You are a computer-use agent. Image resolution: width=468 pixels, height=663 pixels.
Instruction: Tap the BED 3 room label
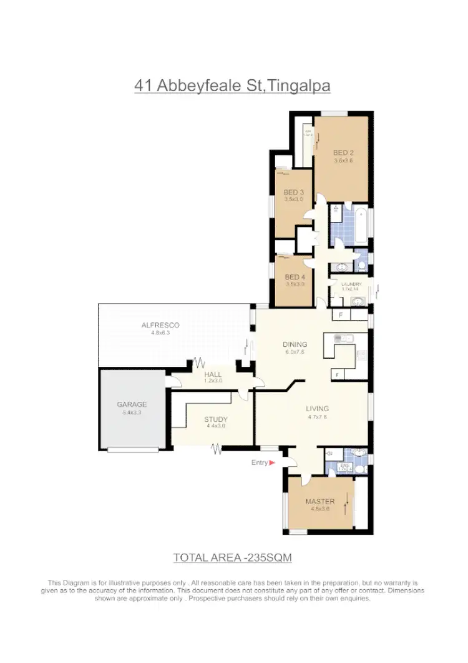pos(293,192)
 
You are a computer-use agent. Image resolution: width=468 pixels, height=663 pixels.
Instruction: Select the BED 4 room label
pos(293,277)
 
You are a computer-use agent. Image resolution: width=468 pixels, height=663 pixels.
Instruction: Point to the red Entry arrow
pos(271,463)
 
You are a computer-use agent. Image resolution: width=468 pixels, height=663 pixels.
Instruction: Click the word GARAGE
pos(132,404)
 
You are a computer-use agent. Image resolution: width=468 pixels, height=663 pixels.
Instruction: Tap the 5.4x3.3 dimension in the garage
pos(132,412)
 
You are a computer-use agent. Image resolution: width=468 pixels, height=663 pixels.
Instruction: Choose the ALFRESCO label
pos(160,325)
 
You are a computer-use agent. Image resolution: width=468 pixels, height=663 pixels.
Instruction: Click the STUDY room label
pos(216,419)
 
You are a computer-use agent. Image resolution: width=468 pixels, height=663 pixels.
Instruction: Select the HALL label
pos(213,374)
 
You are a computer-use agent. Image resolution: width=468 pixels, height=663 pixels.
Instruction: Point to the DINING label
pos(295,344)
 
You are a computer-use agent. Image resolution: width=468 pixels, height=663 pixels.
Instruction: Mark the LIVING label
pos(317,409)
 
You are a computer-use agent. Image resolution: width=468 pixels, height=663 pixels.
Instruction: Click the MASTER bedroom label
pos(319,501)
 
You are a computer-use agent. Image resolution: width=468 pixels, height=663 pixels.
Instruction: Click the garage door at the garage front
pos(132,449)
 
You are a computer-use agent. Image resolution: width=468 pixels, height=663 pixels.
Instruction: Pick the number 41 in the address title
pos(143,86)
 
